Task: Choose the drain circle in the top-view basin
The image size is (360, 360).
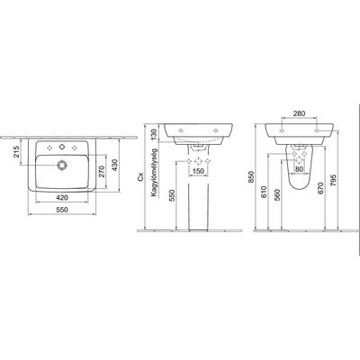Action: pyautogui.click(x=61, y=165)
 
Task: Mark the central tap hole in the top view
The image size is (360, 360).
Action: pyautogui.click(x=61, y=147)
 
